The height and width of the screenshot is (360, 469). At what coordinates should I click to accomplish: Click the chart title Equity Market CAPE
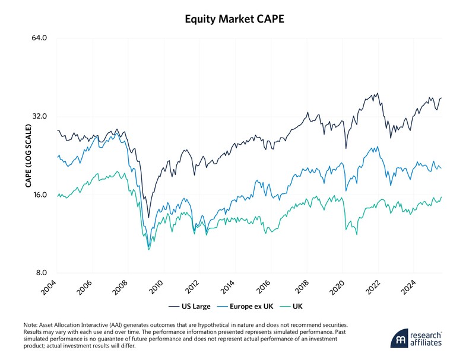coord(235,19)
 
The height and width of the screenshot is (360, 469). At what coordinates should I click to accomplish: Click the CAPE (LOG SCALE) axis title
coord(27,155)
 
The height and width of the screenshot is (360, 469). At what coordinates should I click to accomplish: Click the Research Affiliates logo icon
coord(398,338)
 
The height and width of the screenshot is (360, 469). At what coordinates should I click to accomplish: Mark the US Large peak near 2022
coord(377,93)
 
